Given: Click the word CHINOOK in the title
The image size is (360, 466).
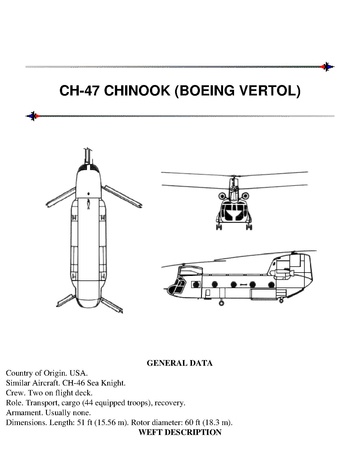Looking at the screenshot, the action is click(x=137, y=91).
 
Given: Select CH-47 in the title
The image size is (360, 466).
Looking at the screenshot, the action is click(x=79, y=91).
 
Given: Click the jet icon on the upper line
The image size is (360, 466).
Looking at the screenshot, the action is click(x=327, y=67).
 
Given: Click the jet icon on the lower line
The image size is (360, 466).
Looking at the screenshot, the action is click(x=33, y=116).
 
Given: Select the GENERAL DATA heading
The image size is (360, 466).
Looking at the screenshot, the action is click(x=180, y=363).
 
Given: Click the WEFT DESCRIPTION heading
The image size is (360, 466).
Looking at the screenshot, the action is click(x=180, y=432).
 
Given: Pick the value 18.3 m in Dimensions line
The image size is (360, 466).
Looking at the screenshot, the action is click(x=216, y=423).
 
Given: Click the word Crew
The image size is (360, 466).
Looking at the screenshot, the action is click(x=15, y=393).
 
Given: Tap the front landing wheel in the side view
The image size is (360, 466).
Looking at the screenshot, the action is click(x=221, y=303).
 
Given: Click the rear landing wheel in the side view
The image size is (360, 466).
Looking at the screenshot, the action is click(x=281, y=300).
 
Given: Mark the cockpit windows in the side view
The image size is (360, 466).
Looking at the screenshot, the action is click(x=177, y=286).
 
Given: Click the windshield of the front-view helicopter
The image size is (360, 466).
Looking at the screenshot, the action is click(x=233, y=212).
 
